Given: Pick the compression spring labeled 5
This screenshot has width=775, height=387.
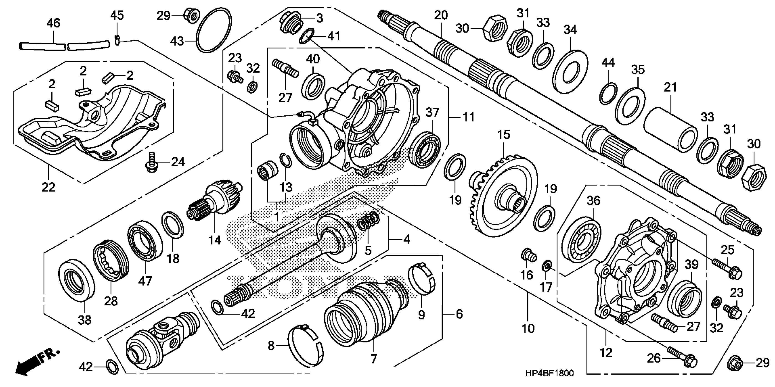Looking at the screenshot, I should pyautogui.click(x=369, y=224).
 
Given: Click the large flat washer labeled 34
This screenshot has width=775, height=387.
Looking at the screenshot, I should pyautogui.click(x=570, y=71).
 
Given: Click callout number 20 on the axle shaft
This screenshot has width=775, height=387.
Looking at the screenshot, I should pyautogui.click(x=441, y=15).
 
